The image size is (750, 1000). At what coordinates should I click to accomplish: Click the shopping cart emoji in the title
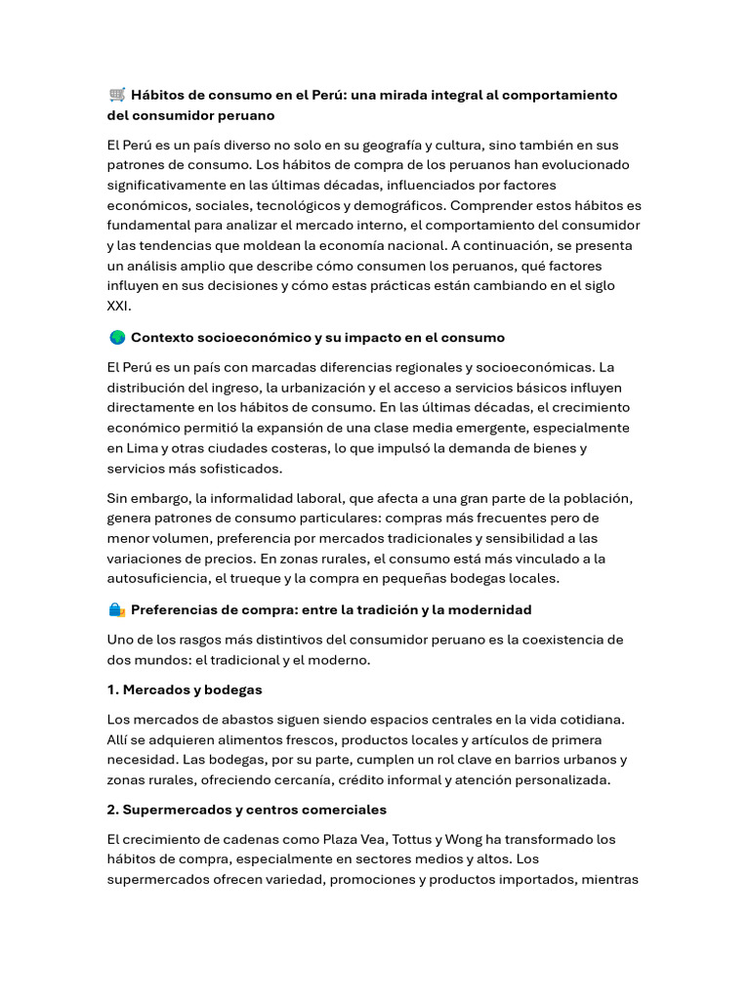pyautogui.click(x=117, y=95)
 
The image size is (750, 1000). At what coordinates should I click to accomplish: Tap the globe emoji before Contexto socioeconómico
pyautogui.click(x=116, y=337)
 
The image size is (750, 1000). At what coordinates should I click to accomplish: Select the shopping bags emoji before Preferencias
pyautogui.click(x=116, y=609)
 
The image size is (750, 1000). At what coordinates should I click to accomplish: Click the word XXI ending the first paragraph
pyautogui.click(x=119, y=306)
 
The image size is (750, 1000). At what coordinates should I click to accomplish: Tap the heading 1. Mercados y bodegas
pyautogui.click(x=185, y=689)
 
